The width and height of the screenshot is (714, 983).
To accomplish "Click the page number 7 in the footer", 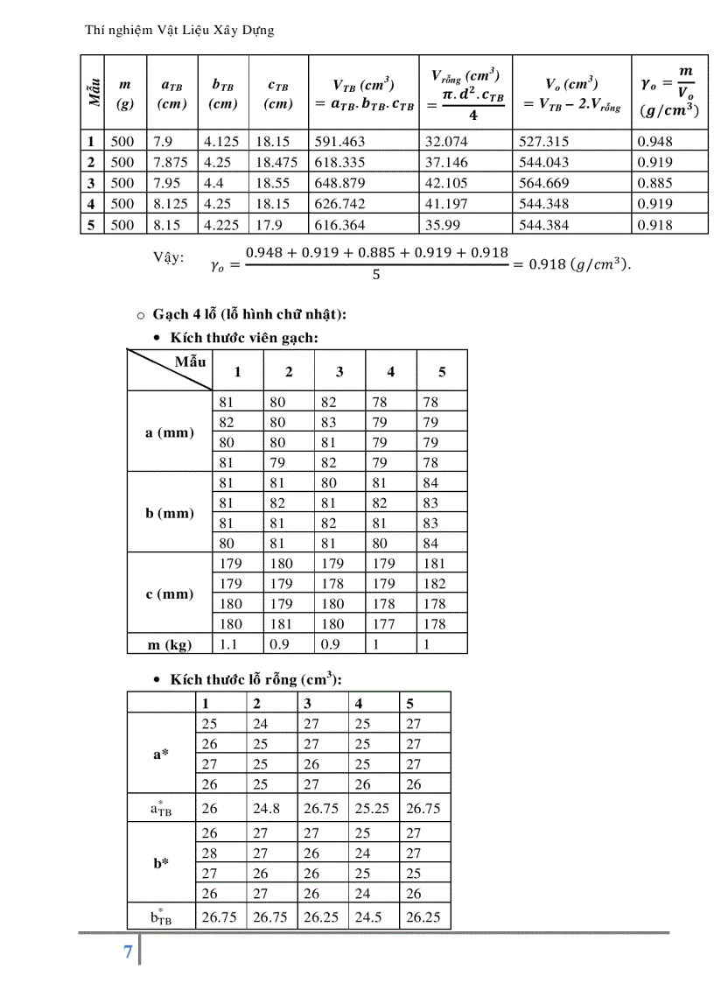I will (128, 952).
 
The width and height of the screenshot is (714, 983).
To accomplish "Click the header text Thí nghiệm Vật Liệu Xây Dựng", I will (179, 31).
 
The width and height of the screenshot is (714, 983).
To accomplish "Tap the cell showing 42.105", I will (446, 183).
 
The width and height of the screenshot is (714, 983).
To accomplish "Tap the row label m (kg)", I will (170, 644).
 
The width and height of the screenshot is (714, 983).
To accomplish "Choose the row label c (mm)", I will (170, 594).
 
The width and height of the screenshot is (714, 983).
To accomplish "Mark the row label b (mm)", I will (170, 513).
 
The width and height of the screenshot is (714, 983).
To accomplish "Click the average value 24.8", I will (267, 809).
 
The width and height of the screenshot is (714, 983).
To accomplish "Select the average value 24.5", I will (365, 917).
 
